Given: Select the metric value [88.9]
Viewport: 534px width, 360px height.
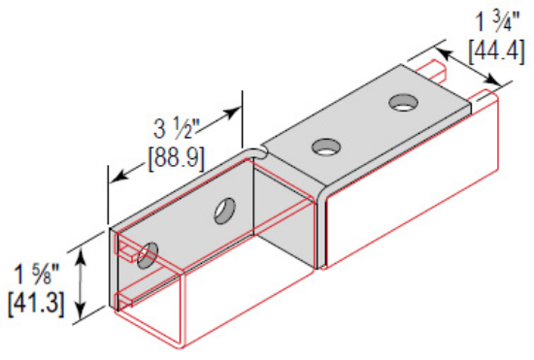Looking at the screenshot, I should pyautogui.click(x=175, y=154).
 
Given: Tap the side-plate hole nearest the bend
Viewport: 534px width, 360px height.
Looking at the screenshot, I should pyautogui.click(x=225, y=208).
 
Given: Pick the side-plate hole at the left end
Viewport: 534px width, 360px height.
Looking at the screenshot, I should pyautogui.click(x=148, y=256).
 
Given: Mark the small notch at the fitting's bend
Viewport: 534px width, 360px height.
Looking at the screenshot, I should pyautogui.click(x=258, y=150).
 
